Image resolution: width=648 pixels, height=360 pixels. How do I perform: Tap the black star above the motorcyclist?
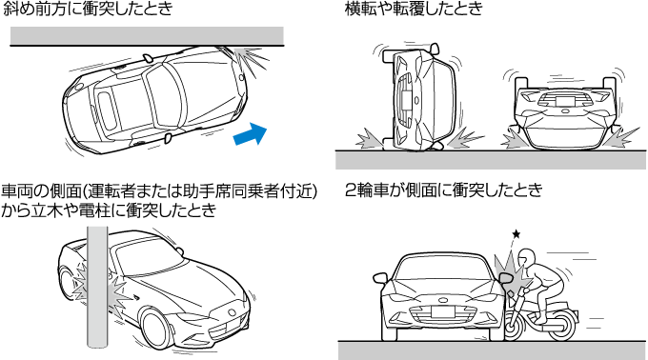pyautogui.click(x=516, y=234)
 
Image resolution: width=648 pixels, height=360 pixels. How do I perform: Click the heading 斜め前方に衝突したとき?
pyautogui.click(x=88, y=9)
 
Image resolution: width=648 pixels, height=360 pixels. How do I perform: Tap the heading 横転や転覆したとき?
pyautogui.click(x=415, y=9)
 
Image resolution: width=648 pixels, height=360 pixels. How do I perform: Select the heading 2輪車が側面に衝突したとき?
pyautogui.click(x=444, y=190)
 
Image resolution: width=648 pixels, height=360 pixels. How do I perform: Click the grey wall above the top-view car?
pyautogui.click(x=147, y=36)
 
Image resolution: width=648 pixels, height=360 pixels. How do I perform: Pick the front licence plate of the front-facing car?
pyautogui.click(x=442, y=312)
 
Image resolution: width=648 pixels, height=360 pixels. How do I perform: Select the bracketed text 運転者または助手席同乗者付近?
pyautogui.click(x=200, y=191)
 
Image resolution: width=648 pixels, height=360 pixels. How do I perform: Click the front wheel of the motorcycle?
pyautogui.click(x=514, y=326)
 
